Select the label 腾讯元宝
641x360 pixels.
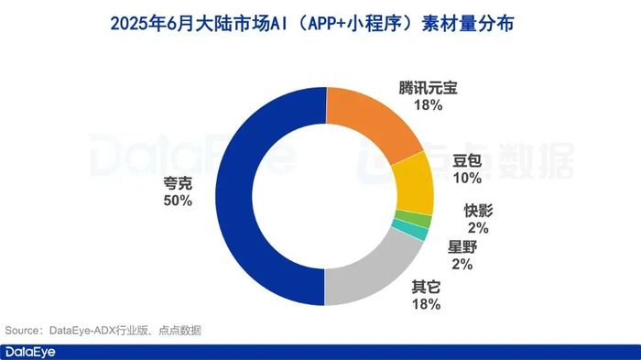(x=429, y=89)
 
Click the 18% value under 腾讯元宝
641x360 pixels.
(x=429, y=106)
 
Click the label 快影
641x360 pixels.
(x=477, y=210)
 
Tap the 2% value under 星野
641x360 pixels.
(x=461, y=265)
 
